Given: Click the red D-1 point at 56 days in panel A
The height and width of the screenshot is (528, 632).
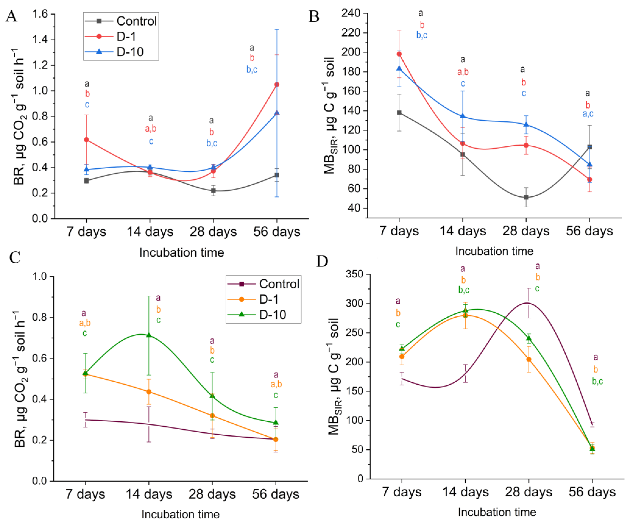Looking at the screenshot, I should point(277,85).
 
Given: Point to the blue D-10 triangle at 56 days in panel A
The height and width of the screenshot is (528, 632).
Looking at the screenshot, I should point(277,113).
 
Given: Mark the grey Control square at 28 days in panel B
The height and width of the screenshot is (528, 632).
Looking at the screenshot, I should point(526,197).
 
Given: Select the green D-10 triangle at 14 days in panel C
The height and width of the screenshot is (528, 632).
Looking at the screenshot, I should point(149,335).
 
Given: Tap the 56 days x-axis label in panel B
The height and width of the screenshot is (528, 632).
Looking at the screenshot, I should point(589,231).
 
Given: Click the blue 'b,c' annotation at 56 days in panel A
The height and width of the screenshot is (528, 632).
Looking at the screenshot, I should point(252,69).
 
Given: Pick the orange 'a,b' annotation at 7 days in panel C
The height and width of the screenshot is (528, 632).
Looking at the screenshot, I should point(85,323).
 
